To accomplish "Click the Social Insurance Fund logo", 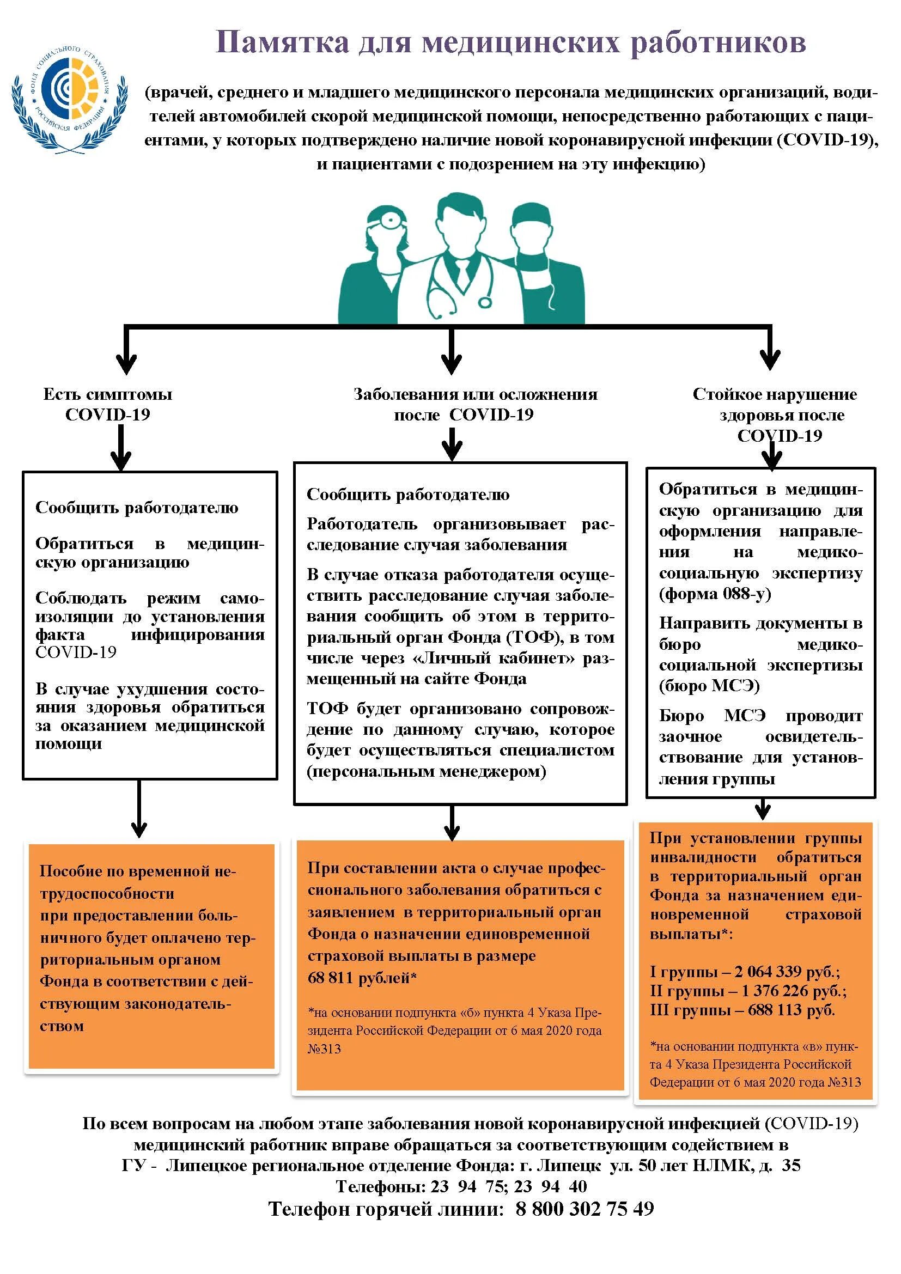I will coord(69,100).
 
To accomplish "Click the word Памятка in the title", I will coord(282,42).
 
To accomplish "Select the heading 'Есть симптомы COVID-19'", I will coord(108,404).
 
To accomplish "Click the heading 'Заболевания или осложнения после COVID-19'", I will coord(476,404).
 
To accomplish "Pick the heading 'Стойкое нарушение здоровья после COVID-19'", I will coord(775,414).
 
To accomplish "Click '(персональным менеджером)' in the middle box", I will coord(426,771).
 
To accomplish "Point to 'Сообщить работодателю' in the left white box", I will coord(137,507).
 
